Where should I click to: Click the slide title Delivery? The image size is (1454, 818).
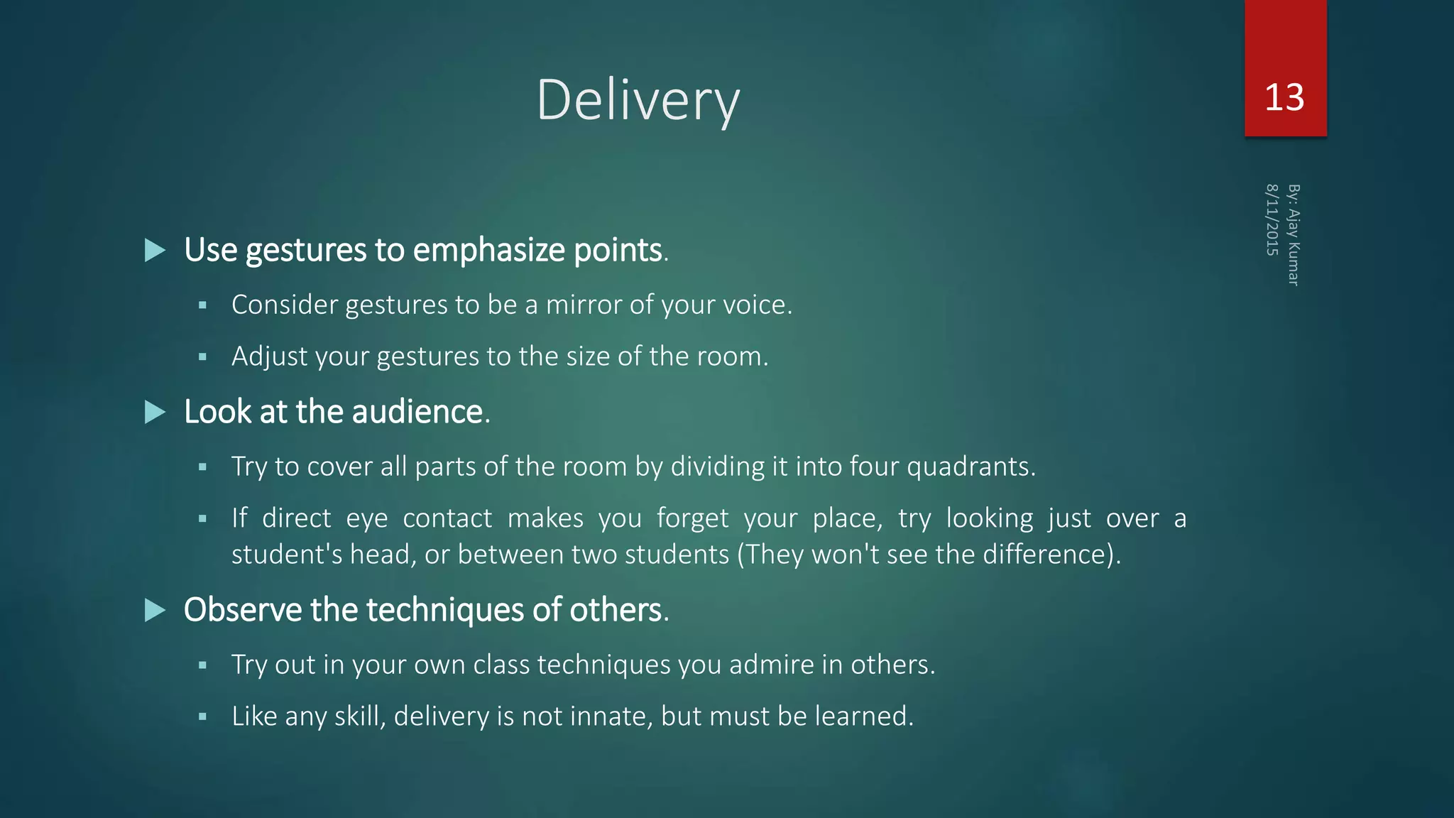[x=638, y=100]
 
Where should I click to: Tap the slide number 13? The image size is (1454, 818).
[x=1284, y=97]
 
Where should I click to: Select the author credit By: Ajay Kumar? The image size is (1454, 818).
[x=1294, y=235]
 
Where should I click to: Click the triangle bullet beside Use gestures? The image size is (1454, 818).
[x=155, y=250]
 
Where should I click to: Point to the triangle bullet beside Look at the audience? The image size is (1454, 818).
[x=155, y=412]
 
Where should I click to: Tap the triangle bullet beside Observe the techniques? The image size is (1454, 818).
[x=155, y=610]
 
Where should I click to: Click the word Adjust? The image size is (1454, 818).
[x=269, y=356]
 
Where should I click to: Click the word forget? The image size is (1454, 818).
[x=692, y=518]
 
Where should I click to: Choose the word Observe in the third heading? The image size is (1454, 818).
[x=242, y=610]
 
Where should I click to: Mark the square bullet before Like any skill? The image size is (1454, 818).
[x=202, y=717]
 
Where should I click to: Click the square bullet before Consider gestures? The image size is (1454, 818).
[x=202, y=305]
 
